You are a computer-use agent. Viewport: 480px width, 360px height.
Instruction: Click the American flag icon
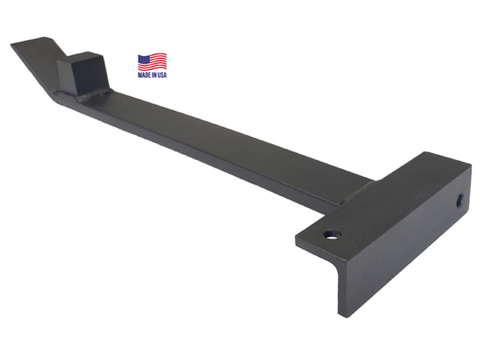click(x=152, y=62)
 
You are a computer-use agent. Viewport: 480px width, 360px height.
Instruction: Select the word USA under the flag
click(x=162, y=75)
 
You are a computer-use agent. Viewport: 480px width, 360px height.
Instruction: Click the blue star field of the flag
click(x=143, y=59)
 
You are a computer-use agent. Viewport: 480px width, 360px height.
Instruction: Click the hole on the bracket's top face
click(x=333, y=235)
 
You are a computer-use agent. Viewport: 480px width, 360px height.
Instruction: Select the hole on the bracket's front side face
click(x=460, y=200)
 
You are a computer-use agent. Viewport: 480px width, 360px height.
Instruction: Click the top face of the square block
click(x=80, y=57)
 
